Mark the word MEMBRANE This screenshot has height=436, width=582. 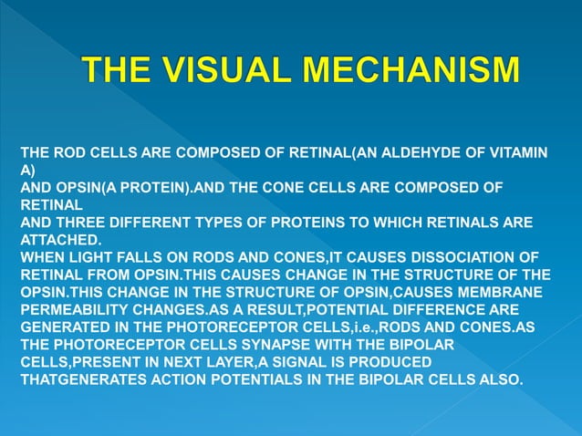click(x=508, y=292)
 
